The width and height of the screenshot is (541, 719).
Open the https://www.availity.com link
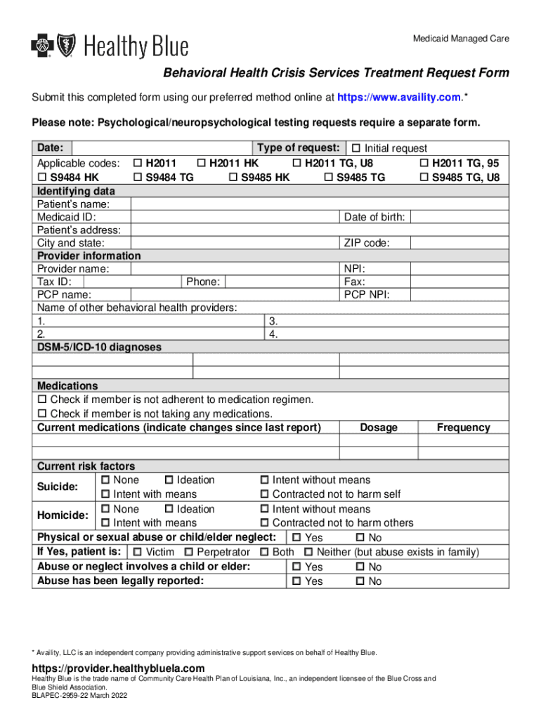click(x=398, y=96)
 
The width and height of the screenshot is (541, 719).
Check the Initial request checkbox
click(x=356, y=148)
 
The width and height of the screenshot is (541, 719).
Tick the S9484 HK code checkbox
click(x=41, y=178)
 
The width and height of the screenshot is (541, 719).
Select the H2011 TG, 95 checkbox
click(x=424, y=164)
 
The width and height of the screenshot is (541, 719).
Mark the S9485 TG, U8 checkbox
click(x=424, y=178)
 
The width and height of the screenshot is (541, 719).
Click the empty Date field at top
click(x=162, y=148)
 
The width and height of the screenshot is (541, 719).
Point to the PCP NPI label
click(x=367, y=295)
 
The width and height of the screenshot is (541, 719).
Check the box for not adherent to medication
click(x=41, y=400)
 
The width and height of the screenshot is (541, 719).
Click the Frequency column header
click(x=463, y=428)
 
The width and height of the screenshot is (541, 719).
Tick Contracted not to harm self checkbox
click(x=265, y=494)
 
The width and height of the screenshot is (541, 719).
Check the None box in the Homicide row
click(x=105, y=509)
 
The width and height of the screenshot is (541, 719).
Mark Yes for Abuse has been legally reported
click(x=296, y=581)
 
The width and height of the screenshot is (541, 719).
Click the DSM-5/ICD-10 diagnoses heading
click(x=99, y=347)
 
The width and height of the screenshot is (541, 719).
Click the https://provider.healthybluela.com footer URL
click(x=118, y=668)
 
